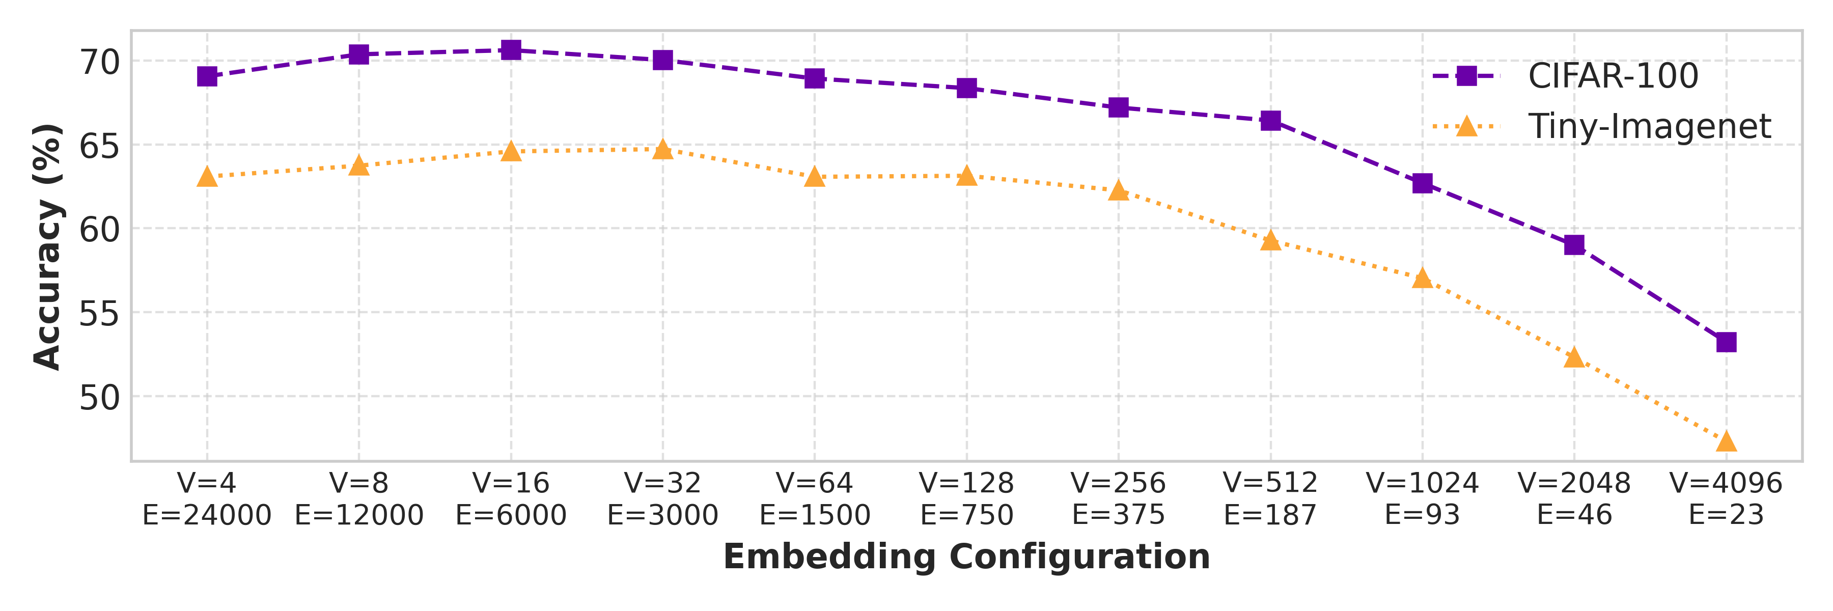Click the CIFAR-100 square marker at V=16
pos(511,50)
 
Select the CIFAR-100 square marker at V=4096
pos(1726,342)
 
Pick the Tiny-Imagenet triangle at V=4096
pos(1726,442)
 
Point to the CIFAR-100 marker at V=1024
pos(1423,183)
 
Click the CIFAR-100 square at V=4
pos(207,76)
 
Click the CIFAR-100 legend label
pos(1613,76)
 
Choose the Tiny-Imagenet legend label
pos(1649,127)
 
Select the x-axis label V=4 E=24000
pos(207,498)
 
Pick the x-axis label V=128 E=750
pos(966,498)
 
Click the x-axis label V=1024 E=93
pos(1423,498)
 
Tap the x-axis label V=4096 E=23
pos(1726,498)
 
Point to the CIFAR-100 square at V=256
pos(1119,107)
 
